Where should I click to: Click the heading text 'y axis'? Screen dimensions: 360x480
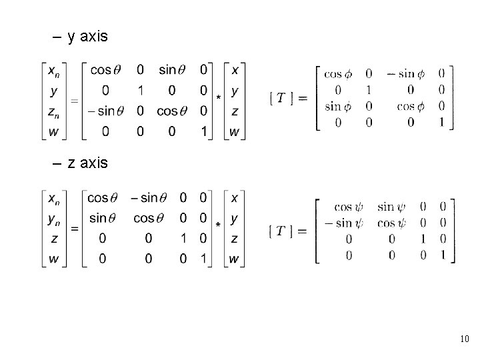(x=87, y=36)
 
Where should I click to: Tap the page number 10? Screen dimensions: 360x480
(x=465, y=340)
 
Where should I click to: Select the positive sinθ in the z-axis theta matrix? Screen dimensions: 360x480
(x=107, y=219)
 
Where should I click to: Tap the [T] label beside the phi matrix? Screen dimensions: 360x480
(x=289, y=98)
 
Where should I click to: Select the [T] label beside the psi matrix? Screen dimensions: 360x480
(x=289, y=231)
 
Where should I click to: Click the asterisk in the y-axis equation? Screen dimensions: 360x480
(x=219, y=99)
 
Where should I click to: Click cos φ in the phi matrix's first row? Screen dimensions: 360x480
(x=341, y=73)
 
